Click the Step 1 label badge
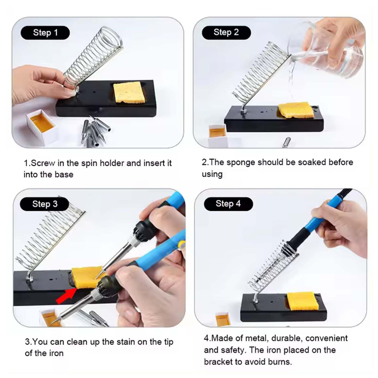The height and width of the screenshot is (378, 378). [x=45, y=33]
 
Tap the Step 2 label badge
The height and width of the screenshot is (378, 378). [x=226, y=32]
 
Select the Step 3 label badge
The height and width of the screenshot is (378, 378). [x=45, y=204]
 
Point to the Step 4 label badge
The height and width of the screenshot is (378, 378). [x=228, y=204]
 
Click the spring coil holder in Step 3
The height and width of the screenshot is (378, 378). [x=47, y=240]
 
